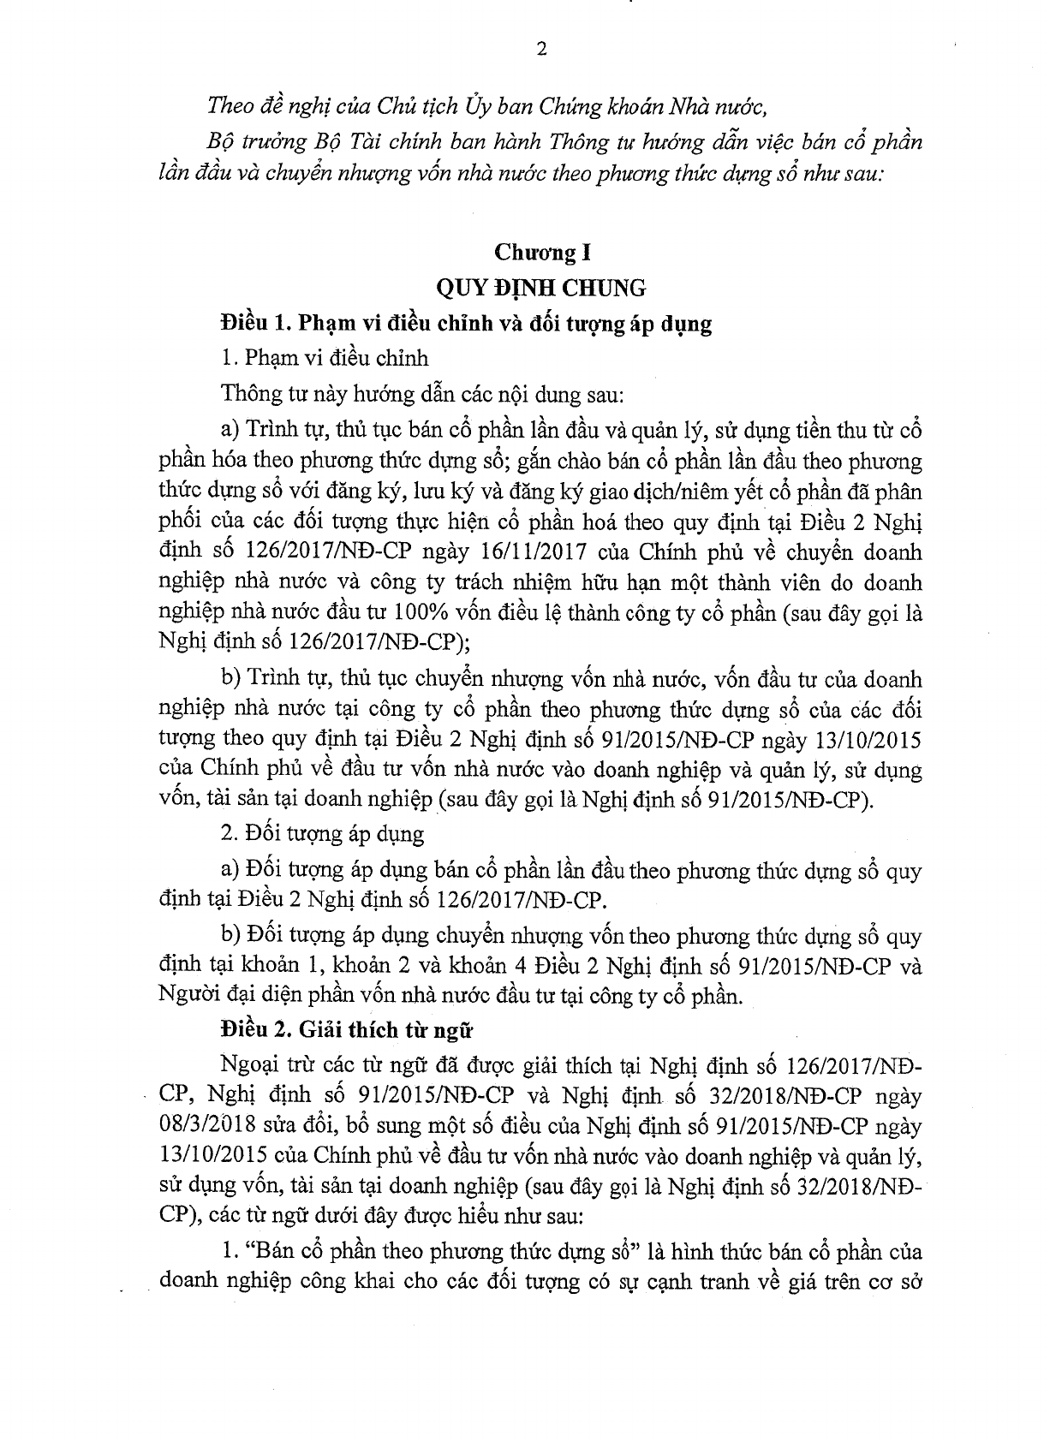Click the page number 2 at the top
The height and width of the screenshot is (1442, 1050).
click(540, 49)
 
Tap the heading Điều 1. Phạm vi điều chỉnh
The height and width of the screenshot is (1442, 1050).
click(466, 325)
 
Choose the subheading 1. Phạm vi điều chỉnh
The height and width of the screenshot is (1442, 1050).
click(325, 358)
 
